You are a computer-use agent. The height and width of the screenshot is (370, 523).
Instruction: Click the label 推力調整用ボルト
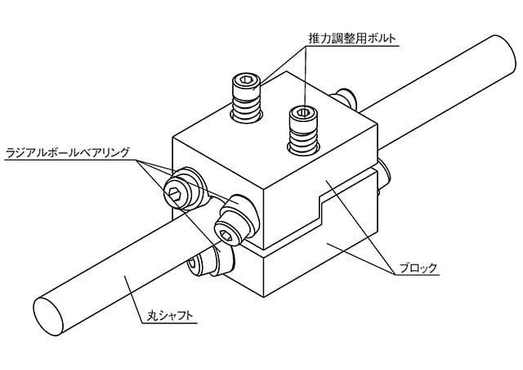(x=352, y=38)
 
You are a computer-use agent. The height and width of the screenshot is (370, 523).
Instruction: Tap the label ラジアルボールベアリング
(x=67, y=152)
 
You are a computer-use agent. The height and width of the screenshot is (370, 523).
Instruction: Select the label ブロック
(x=418, y=268)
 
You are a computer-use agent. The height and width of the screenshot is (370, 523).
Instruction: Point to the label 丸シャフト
(x=170, y=315)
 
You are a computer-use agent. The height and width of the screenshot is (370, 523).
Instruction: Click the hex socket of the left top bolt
(x=246, y=80)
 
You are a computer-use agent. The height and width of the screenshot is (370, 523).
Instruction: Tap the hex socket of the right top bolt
(x=303, y=112)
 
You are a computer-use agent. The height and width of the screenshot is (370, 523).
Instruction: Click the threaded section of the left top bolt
(x=247, y=106)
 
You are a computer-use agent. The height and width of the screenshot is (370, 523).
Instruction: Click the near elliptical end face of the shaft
(x=48, y=316)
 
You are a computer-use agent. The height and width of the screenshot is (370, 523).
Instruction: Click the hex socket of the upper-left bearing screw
(x=174, y=193)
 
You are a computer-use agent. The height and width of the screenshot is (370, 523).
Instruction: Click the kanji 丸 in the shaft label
(x=152, y=315)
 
